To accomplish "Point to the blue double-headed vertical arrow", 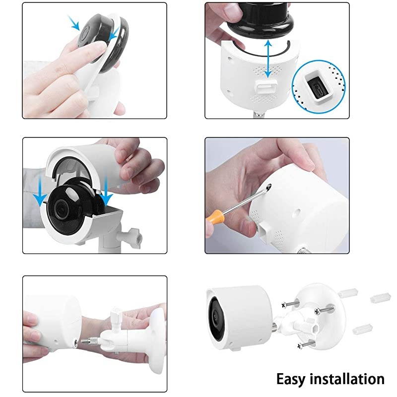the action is (x=268, y=59).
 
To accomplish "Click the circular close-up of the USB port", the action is (x=319, y=86).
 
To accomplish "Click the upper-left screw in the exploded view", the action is (x=290, y=304).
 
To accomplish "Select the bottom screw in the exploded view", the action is (x=306, y=345).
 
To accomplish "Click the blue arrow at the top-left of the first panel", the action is (x=73, y=22).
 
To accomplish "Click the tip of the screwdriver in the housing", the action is (x=270, y=186).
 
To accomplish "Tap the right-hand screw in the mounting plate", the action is (x=324, y=309).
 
